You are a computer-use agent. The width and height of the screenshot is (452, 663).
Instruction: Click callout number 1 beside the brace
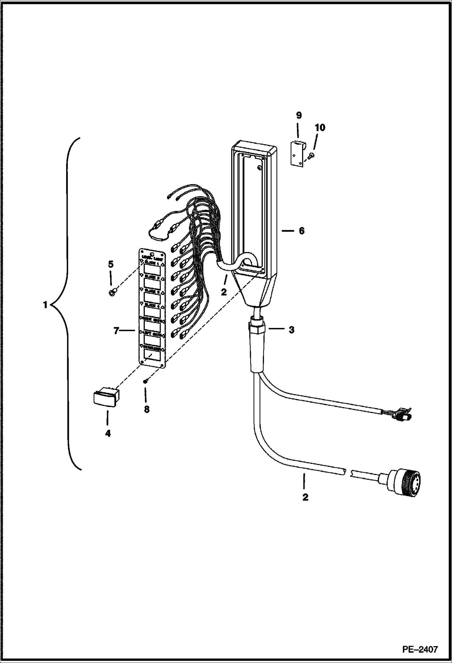[x=45, y=306]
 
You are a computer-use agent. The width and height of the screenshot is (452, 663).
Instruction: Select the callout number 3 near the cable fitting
[x=291, y=330]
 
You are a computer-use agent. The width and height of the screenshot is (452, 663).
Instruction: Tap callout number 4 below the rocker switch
[x=108, y=434]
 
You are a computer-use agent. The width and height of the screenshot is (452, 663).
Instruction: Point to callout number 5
[x=111, y=264]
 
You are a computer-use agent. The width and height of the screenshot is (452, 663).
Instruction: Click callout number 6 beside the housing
[x=301, y=231]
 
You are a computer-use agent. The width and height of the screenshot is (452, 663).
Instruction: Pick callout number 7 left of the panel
[x=117, y=331]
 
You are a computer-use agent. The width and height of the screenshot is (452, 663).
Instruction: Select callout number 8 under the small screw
[x=147, y=410]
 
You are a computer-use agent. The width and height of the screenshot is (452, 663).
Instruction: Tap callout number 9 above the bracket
[x=299, y=115]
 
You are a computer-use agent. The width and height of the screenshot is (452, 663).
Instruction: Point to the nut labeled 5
[x=112, y=293]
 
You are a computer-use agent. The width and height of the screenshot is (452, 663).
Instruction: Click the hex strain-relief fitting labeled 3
[x=257, y=328]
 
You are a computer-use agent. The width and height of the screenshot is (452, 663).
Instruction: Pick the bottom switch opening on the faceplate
[x=151, y=355]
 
